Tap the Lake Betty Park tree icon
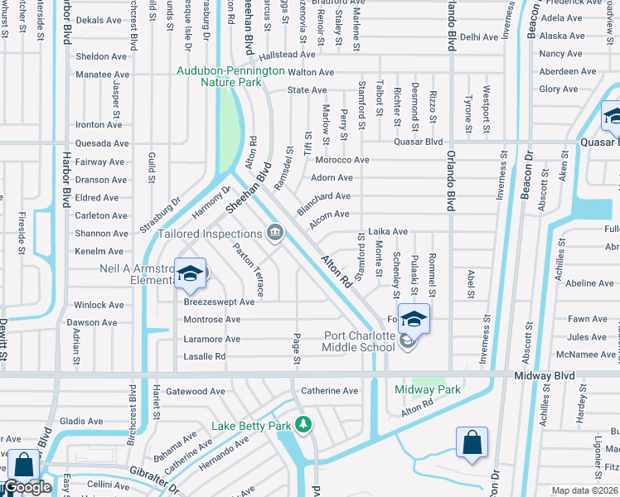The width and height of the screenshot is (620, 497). click(304, 425)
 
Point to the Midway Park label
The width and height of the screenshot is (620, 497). click(427, 389)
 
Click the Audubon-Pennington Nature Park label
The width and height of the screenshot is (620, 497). click(230, 77)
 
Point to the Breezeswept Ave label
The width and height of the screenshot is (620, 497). click(219, 302)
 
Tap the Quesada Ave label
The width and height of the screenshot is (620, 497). click(99, 142)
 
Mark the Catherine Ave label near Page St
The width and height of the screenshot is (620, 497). click(329, 391)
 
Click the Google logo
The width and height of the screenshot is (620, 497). click(27, 488)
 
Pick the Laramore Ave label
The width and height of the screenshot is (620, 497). click(211, 339)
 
